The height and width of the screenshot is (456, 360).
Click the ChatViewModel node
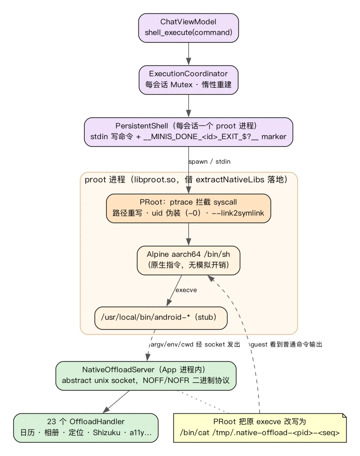[188, 28]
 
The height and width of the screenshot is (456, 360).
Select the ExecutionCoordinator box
[188, 80]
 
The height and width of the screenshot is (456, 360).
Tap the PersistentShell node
[188, 132]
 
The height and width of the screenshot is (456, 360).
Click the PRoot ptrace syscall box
[188, 208]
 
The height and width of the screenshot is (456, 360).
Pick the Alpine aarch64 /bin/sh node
[188, 261]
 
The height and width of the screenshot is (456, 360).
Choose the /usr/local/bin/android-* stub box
[161, 318]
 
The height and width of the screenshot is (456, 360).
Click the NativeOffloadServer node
[146, 376]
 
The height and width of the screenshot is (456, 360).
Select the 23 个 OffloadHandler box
[86, 428]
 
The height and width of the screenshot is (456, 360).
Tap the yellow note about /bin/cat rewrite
[260, 428]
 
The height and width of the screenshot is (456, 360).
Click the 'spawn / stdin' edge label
[209, 162]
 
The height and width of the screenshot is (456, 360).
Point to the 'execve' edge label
[186, 290]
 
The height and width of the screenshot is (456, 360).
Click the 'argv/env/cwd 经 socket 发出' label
[195, 345]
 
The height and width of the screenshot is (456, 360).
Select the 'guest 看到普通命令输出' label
[286, 345]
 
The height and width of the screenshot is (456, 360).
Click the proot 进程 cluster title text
[186, 179]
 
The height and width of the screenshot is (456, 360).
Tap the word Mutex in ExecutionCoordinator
[181, 85]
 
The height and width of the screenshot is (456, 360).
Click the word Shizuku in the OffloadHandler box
[107, 433]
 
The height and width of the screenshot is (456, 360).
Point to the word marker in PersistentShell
[274, 137]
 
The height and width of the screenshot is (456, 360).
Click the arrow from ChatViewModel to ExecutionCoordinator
[188, 54]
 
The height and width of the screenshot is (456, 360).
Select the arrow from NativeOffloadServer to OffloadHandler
[116, 402]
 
